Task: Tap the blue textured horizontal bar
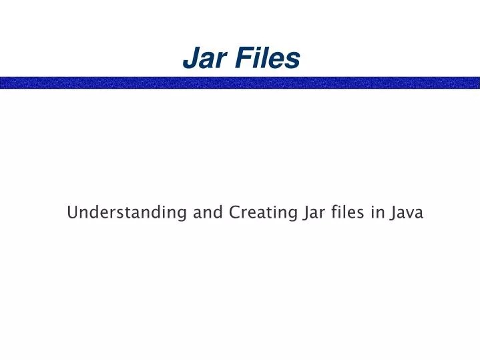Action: tap(240, 83)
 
